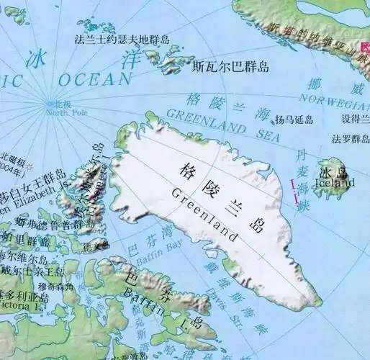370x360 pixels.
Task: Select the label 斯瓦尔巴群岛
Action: pos(230,67)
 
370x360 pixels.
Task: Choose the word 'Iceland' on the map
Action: pos(336,183)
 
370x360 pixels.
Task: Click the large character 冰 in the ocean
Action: pos(35,60)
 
